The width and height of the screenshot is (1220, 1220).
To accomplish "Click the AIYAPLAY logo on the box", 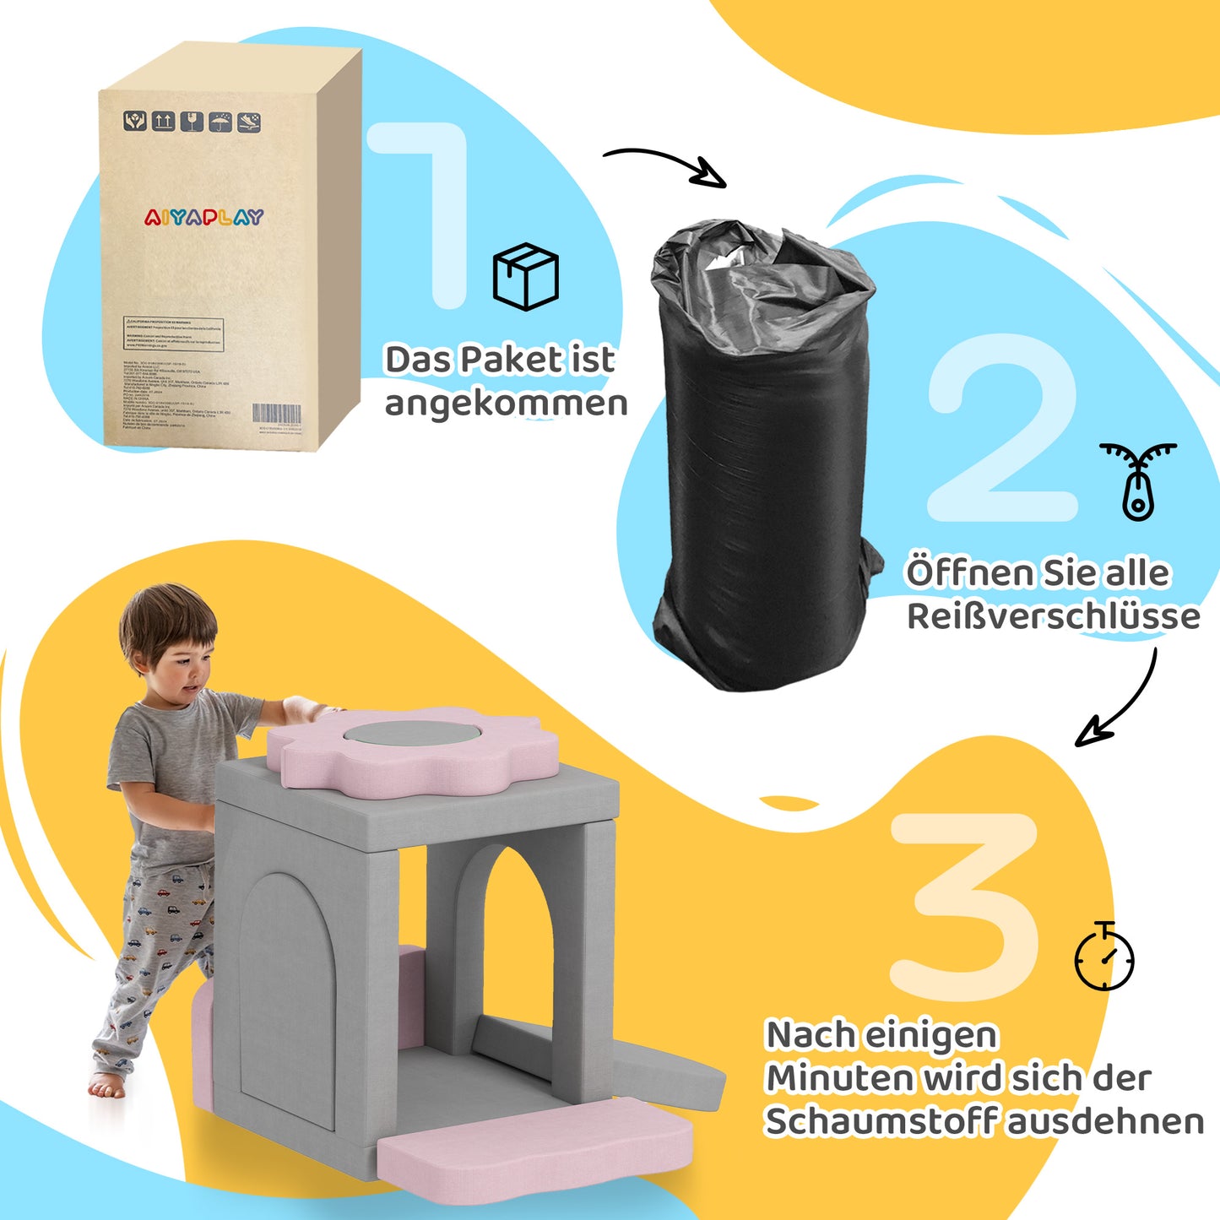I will pyautogui.click(x=203, y=218).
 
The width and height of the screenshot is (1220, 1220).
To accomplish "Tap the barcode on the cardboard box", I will pyautogui.click(x=276, y=414).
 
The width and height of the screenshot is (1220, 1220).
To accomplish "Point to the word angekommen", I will pyautogui.click(x=506, y=404).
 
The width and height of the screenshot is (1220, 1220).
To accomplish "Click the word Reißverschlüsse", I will pyautogui.click(x=1053, y=616).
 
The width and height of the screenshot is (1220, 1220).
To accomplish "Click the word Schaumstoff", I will pyautogui.click(x=881, y=1122).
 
